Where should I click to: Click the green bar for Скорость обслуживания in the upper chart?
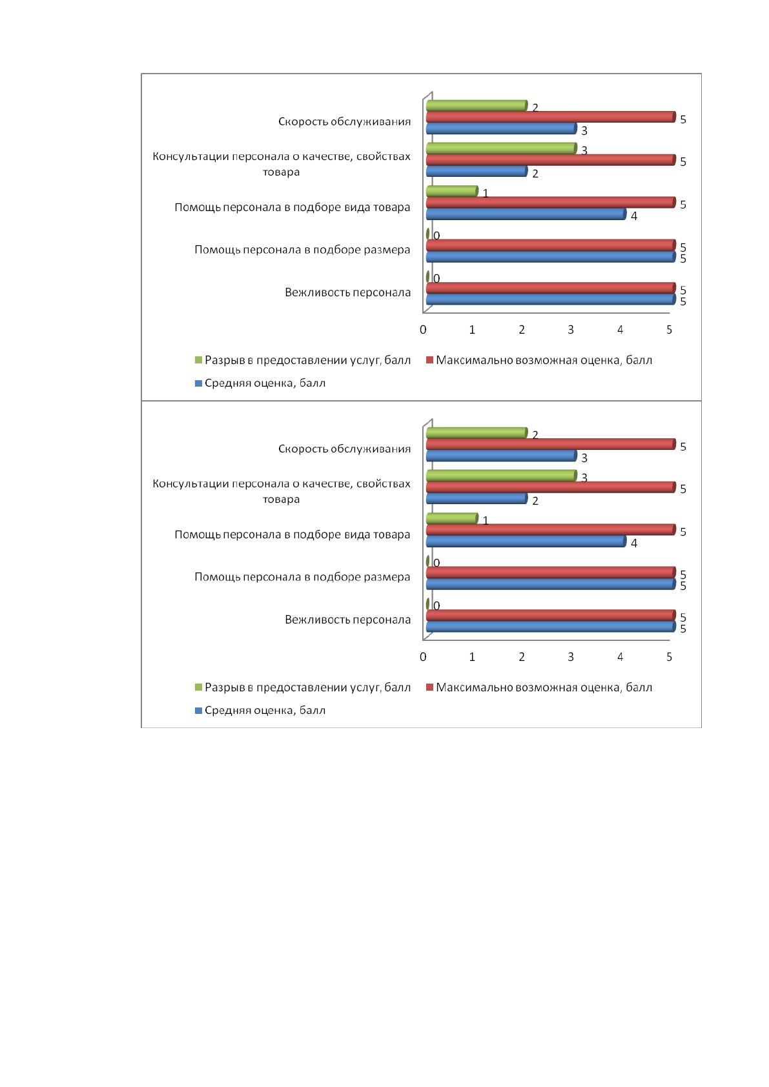[477, 105]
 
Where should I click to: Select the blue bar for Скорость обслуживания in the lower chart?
[501, 456]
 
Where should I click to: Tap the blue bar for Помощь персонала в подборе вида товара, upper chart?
[526, 214]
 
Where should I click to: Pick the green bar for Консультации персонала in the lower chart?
[501, 476]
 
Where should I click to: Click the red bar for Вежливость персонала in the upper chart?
[551, 289]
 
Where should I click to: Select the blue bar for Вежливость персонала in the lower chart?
[551, 627]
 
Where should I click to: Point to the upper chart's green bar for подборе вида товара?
[451, 191]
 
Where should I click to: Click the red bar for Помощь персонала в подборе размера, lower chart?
[551, 573]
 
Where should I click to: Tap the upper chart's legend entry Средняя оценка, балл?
[260, 383]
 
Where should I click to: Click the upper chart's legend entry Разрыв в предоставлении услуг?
[302, 360]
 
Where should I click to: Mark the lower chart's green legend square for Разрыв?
[198, 687]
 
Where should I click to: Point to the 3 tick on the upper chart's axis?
[570, 329]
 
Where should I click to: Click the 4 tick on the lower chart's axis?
[620, 656]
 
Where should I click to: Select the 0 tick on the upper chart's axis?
[423, 329]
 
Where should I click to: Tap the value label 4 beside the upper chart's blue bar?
[633, 216]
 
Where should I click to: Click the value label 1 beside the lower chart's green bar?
[485, 521]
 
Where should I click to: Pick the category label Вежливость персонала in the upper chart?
[347, 292]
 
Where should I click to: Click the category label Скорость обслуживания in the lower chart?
[344, 449]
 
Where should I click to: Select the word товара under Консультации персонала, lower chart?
[281, 500]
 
